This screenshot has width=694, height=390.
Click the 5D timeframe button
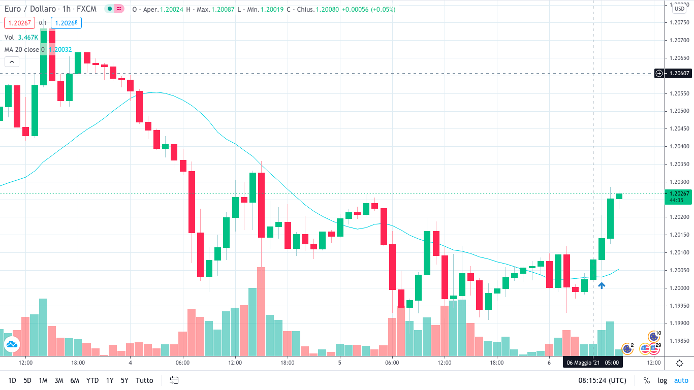[x=27, y=380]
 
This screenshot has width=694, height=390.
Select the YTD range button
[x=92, y=380]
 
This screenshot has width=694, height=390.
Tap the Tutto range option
[x=144, y=380]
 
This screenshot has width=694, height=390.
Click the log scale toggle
[x=662, y=380]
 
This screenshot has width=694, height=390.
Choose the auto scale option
[x=681, y=380]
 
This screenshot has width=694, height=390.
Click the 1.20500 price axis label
[x=679, y=111]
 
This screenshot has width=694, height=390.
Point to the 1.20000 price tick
[x=679, y=288]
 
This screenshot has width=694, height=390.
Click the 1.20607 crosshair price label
[x=679, y=74]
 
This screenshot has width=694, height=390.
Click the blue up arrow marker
[x=602, y=286]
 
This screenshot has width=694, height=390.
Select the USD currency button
[x=679, y=8]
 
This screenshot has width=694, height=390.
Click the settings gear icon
[x=679, y=363]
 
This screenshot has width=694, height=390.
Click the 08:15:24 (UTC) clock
[x=602, y=380]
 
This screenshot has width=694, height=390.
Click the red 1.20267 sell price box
[x=19, y=23]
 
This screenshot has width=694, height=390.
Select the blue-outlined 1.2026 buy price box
[x=66, y=23]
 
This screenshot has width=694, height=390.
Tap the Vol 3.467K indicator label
[x=21, y=37]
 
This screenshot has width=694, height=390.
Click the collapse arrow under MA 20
[x=12, y=62]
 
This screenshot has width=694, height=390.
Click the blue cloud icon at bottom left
[x=12, y=345]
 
